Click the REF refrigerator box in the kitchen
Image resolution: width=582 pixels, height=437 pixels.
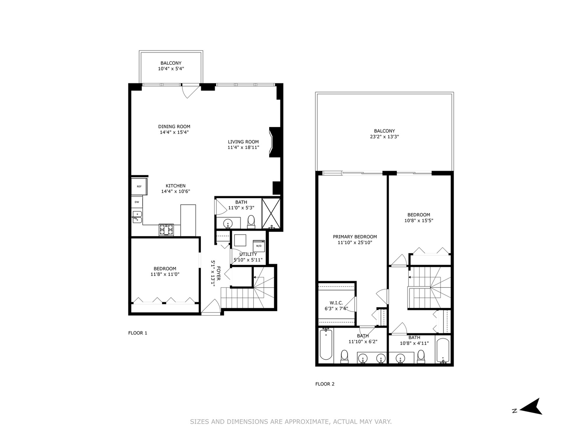[139, 187]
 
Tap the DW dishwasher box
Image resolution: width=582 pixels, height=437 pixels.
[137, 202]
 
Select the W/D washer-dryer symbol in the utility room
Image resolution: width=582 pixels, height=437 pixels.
[259, 246]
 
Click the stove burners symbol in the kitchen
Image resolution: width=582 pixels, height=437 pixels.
[166, 229]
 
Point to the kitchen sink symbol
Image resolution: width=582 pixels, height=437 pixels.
[137, 217]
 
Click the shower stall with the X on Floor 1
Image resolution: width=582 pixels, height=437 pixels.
[272, 213]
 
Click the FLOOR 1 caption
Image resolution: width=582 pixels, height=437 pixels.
[138, 333]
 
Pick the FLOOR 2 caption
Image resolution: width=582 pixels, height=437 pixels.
[325, 384]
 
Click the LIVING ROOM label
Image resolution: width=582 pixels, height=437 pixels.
[243, 142]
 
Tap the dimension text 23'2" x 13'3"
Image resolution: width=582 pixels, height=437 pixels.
[384, 137]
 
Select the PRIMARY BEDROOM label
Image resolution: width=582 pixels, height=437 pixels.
[355, 237]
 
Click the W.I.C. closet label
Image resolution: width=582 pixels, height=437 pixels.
[336, 303]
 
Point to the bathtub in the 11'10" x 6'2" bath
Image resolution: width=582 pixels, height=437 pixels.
[326, 345]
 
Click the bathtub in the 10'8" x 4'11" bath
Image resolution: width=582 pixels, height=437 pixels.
[443, 350]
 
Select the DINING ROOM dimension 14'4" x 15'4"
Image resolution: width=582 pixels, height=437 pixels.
[174, 132]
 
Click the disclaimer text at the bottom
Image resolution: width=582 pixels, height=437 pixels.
[291, 422]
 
